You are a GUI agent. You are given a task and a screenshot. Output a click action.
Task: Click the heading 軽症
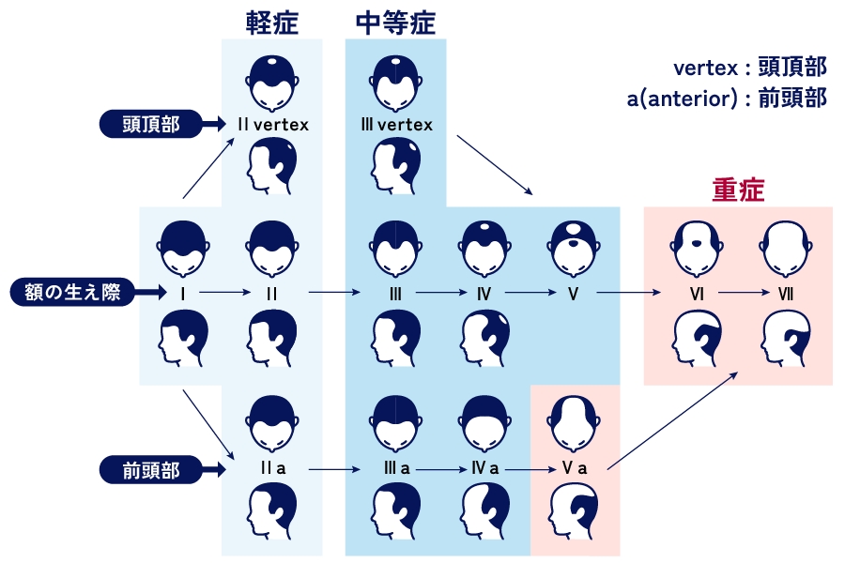click(x=272, y=23)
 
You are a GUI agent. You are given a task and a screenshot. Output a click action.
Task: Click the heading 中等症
click(x=396, y=23)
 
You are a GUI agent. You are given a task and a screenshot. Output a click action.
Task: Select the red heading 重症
click(x=738, y=190)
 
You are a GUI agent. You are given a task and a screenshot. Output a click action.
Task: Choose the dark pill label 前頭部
click(x=151, y=468)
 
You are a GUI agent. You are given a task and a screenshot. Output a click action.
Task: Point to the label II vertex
click(x=272, y=124)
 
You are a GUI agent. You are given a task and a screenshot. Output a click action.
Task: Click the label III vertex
click(x=396, y=124)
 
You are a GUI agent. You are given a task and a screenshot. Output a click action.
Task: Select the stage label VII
click(x=786, y=294)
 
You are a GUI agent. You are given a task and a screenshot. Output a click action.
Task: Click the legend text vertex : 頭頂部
click(x=750, y=68)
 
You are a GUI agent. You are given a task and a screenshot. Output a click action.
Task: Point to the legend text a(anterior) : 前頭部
click(x=728, y=98)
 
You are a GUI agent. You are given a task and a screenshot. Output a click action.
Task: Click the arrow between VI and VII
click(x=742, y=294)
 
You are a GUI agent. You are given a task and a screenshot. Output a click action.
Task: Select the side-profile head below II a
click(x=272, y=512)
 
